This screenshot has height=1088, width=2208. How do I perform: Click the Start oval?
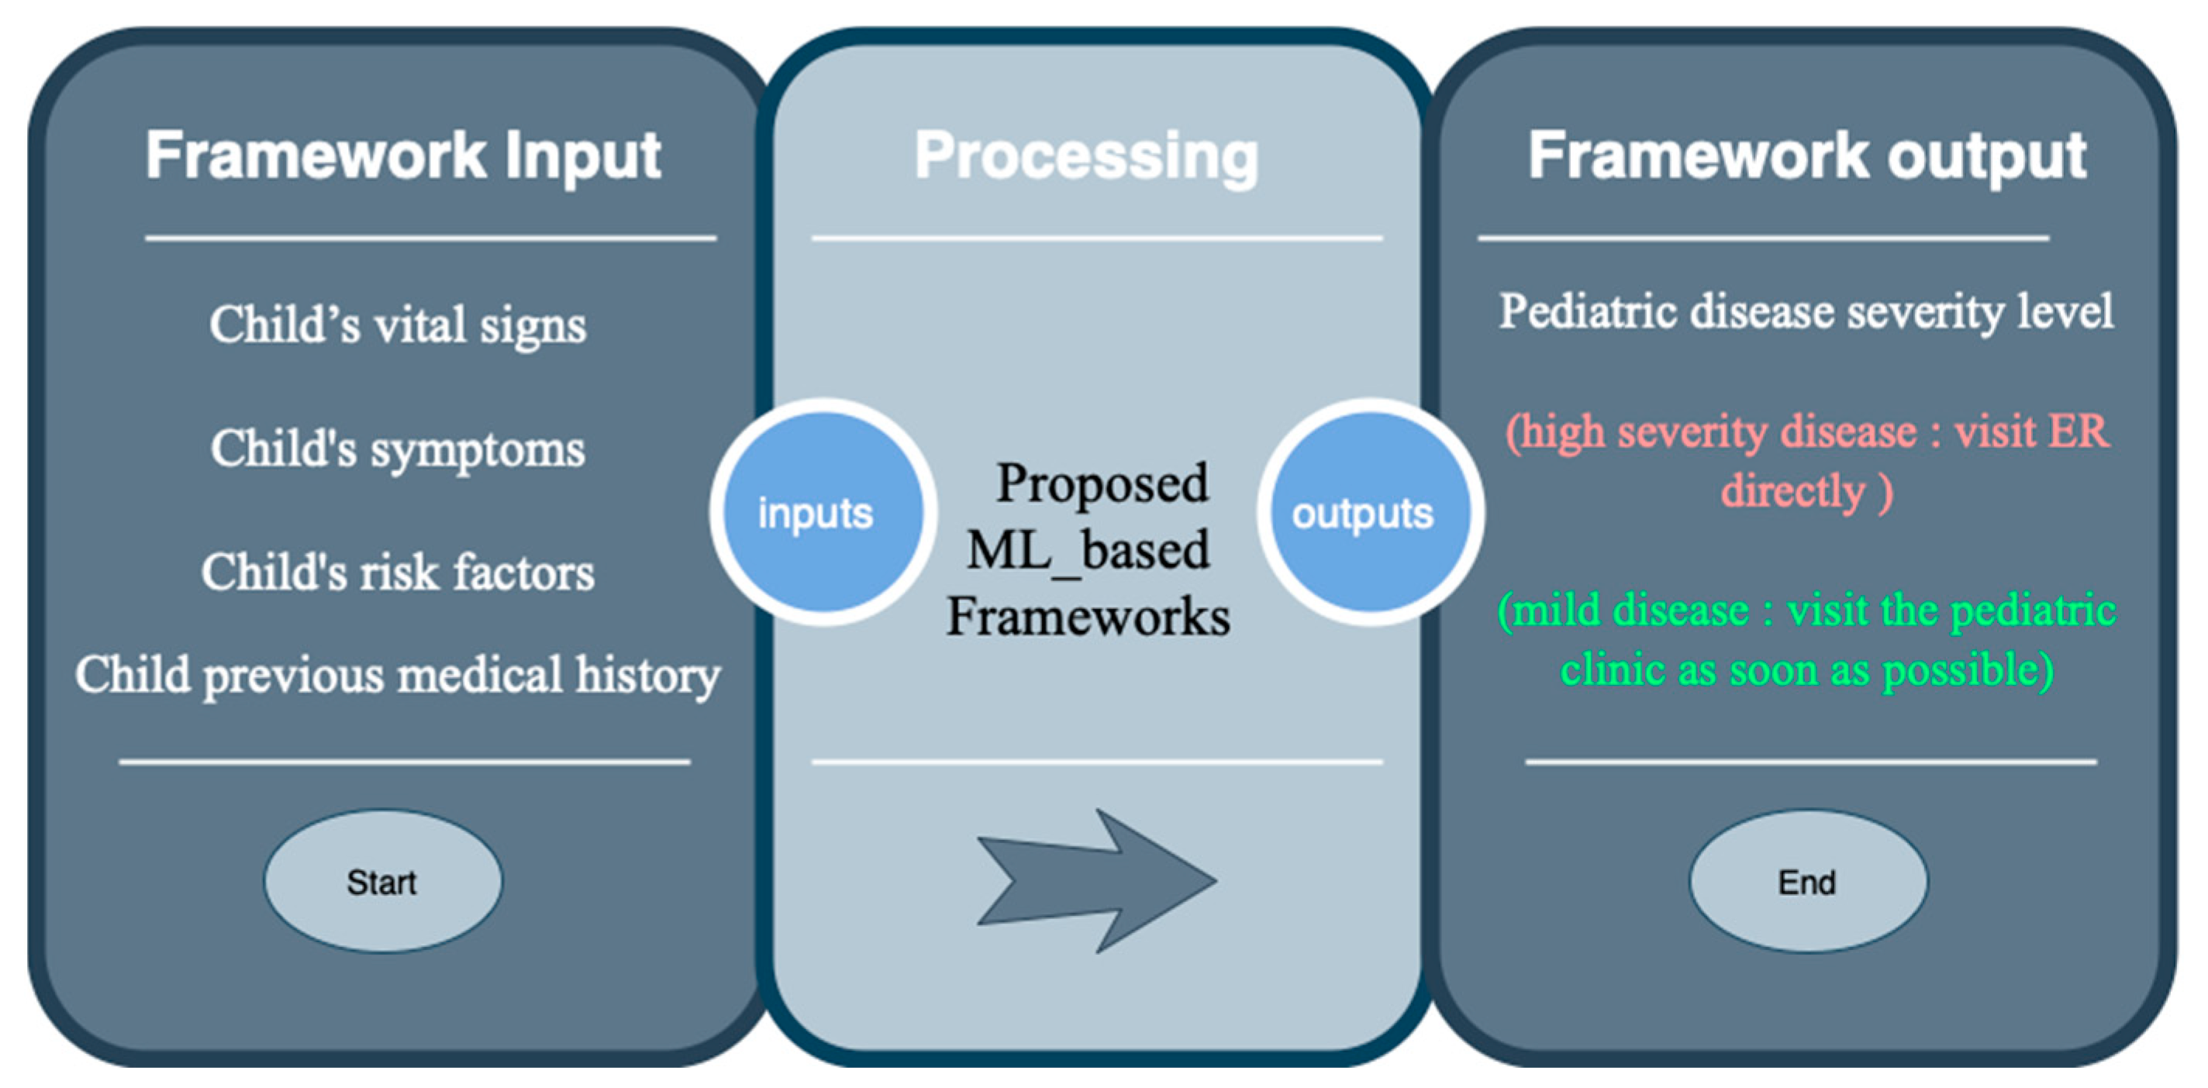click(x=382, y=882)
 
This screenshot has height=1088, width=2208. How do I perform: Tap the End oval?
click(x=1808, y=882)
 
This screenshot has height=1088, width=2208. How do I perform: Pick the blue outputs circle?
click(x=1369, y=512)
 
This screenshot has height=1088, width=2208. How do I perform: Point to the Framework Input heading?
click(x=403, y=156)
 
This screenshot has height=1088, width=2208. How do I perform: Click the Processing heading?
click(x=1086, y=156)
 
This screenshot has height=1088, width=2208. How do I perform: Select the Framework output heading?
click(x=1807, y=156)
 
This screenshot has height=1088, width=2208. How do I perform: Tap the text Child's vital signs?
click(x=398, y=325)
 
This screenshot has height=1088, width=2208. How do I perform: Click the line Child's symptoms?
click(x=398, y=449)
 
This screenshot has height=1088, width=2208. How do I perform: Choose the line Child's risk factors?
click(x=398, y=572)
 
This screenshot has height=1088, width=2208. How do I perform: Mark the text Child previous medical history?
click(x=398, y=675)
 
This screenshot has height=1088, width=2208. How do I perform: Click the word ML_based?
click(x=1088, y=551)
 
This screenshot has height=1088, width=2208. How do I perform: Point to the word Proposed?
click(x=1102, y=484)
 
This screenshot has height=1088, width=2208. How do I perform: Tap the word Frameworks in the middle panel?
click(x=1088, y=617)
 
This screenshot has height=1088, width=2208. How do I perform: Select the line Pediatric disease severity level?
click(x=1806, y=312)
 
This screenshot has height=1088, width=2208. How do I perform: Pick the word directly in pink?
click(x=1793, y=492)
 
